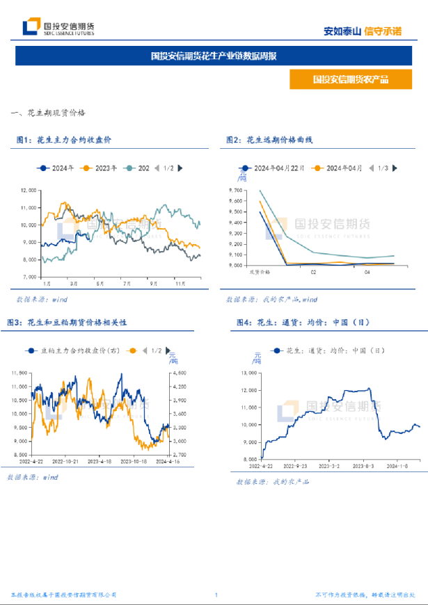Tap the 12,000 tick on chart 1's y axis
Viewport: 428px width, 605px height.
tap(29, 190)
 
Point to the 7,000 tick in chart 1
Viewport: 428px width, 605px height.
tap(30, 277)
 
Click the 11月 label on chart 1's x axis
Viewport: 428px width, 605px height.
tap(180, 284)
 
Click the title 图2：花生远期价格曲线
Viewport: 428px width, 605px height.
tap(269, 140)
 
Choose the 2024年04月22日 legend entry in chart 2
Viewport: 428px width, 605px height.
tap(276, 168)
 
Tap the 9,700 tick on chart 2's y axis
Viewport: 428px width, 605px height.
tap(235, 191)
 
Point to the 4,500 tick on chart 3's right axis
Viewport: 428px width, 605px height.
tap(178, 373)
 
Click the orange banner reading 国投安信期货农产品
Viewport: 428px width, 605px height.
tap(350, 80)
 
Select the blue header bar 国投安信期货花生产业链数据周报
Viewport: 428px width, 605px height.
tap(214, 56)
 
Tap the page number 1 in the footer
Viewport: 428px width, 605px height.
tap(216, 595)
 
